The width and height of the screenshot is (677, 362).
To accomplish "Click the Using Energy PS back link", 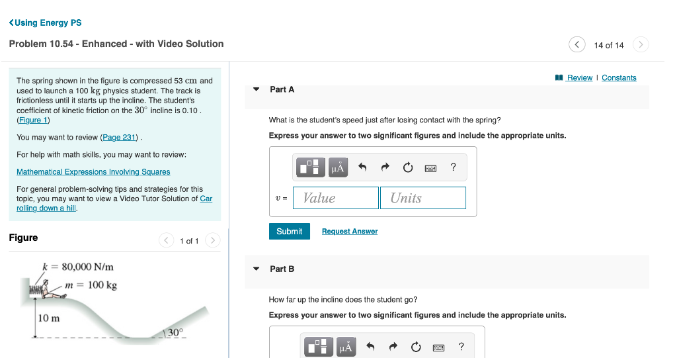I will point(46,23).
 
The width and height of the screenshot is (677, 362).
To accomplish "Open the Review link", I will point(579,77).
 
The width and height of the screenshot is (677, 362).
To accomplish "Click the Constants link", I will point(619,77).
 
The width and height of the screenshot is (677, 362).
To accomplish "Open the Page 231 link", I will point(120,137).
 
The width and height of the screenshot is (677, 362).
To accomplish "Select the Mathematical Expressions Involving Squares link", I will point(93,171).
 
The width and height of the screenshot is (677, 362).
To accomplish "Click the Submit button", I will point(289,231).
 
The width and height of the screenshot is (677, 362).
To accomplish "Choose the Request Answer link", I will point(350,231).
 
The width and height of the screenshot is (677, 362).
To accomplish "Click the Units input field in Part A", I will point(422,198).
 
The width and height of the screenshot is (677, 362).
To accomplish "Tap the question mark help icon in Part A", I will point(453,167).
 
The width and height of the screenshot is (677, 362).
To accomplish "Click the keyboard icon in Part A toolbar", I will point(430,168).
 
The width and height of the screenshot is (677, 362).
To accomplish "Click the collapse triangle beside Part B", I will point(257,269).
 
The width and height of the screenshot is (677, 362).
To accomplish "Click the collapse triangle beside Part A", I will point(257,89).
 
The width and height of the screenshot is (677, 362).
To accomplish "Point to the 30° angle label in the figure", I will point(175,332).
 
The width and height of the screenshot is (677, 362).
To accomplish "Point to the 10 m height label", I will point(49,318).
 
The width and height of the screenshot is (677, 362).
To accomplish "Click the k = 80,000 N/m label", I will point(78,267).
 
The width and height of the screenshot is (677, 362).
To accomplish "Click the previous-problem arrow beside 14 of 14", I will point(577,44).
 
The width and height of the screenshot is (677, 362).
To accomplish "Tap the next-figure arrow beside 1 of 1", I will point(212,240).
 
